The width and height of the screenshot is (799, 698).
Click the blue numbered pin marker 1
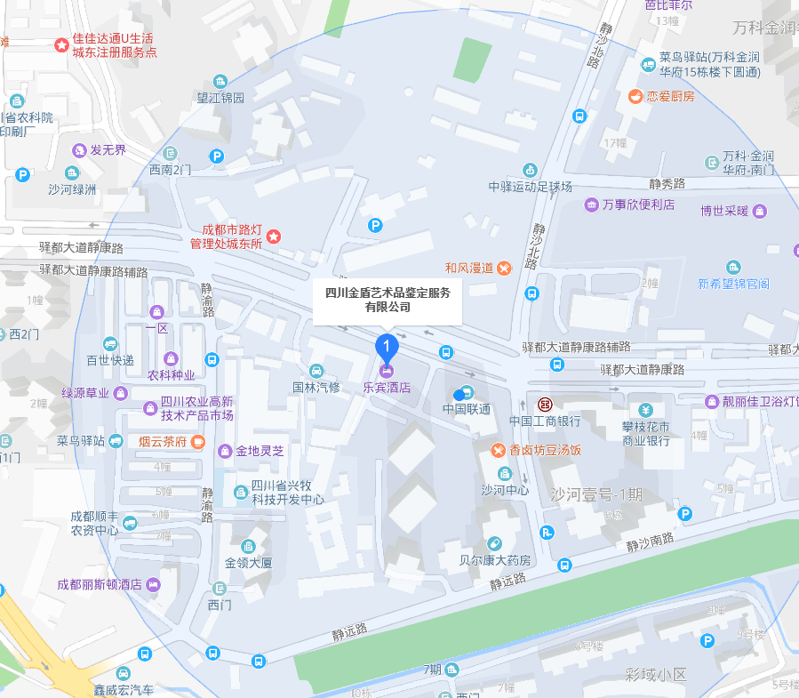point(387,346)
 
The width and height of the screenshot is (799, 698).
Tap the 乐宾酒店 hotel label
point(387,388)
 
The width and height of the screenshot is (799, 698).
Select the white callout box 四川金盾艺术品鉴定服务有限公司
point(388,300)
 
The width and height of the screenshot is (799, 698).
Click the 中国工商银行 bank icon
point(545,402)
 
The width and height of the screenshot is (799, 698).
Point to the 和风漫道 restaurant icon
point(504,267)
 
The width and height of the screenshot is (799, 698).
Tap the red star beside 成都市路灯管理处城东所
point(274,236)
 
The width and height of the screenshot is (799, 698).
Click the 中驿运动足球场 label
point(531,187)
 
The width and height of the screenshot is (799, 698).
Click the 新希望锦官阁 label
point(733,284)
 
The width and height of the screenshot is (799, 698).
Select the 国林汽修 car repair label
point(316,388)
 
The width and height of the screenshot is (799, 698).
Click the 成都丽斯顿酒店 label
point(100,584)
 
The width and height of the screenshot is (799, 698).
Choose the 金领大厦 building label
point(248,563)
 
